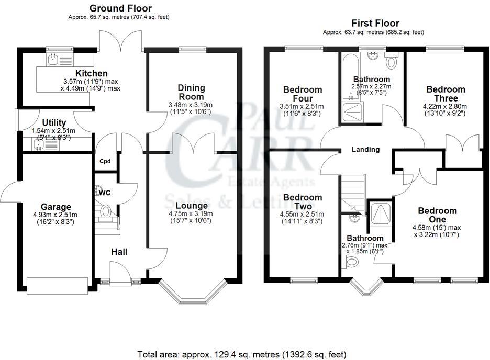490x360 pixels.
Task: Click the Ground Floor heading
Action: point(120,8)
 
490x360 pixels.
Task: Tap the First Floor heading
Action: point(375,23)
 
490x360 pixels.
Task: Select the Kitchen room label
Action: point(92,73)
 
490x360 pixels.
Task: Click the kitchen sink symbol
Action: point(52,60)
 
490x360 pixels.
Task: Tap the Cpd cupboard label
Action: point(105,161)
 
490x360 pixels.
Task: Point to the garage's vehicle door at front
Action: point(57,285)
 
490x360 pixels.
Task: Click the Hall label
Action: point(119,252)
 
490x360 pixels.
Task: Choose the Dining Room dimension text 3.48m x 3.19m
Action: point(192,105)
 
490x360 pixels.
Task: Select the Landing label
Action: point(365,150)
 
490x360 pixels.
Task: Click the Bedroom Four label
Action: point(302,94)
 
